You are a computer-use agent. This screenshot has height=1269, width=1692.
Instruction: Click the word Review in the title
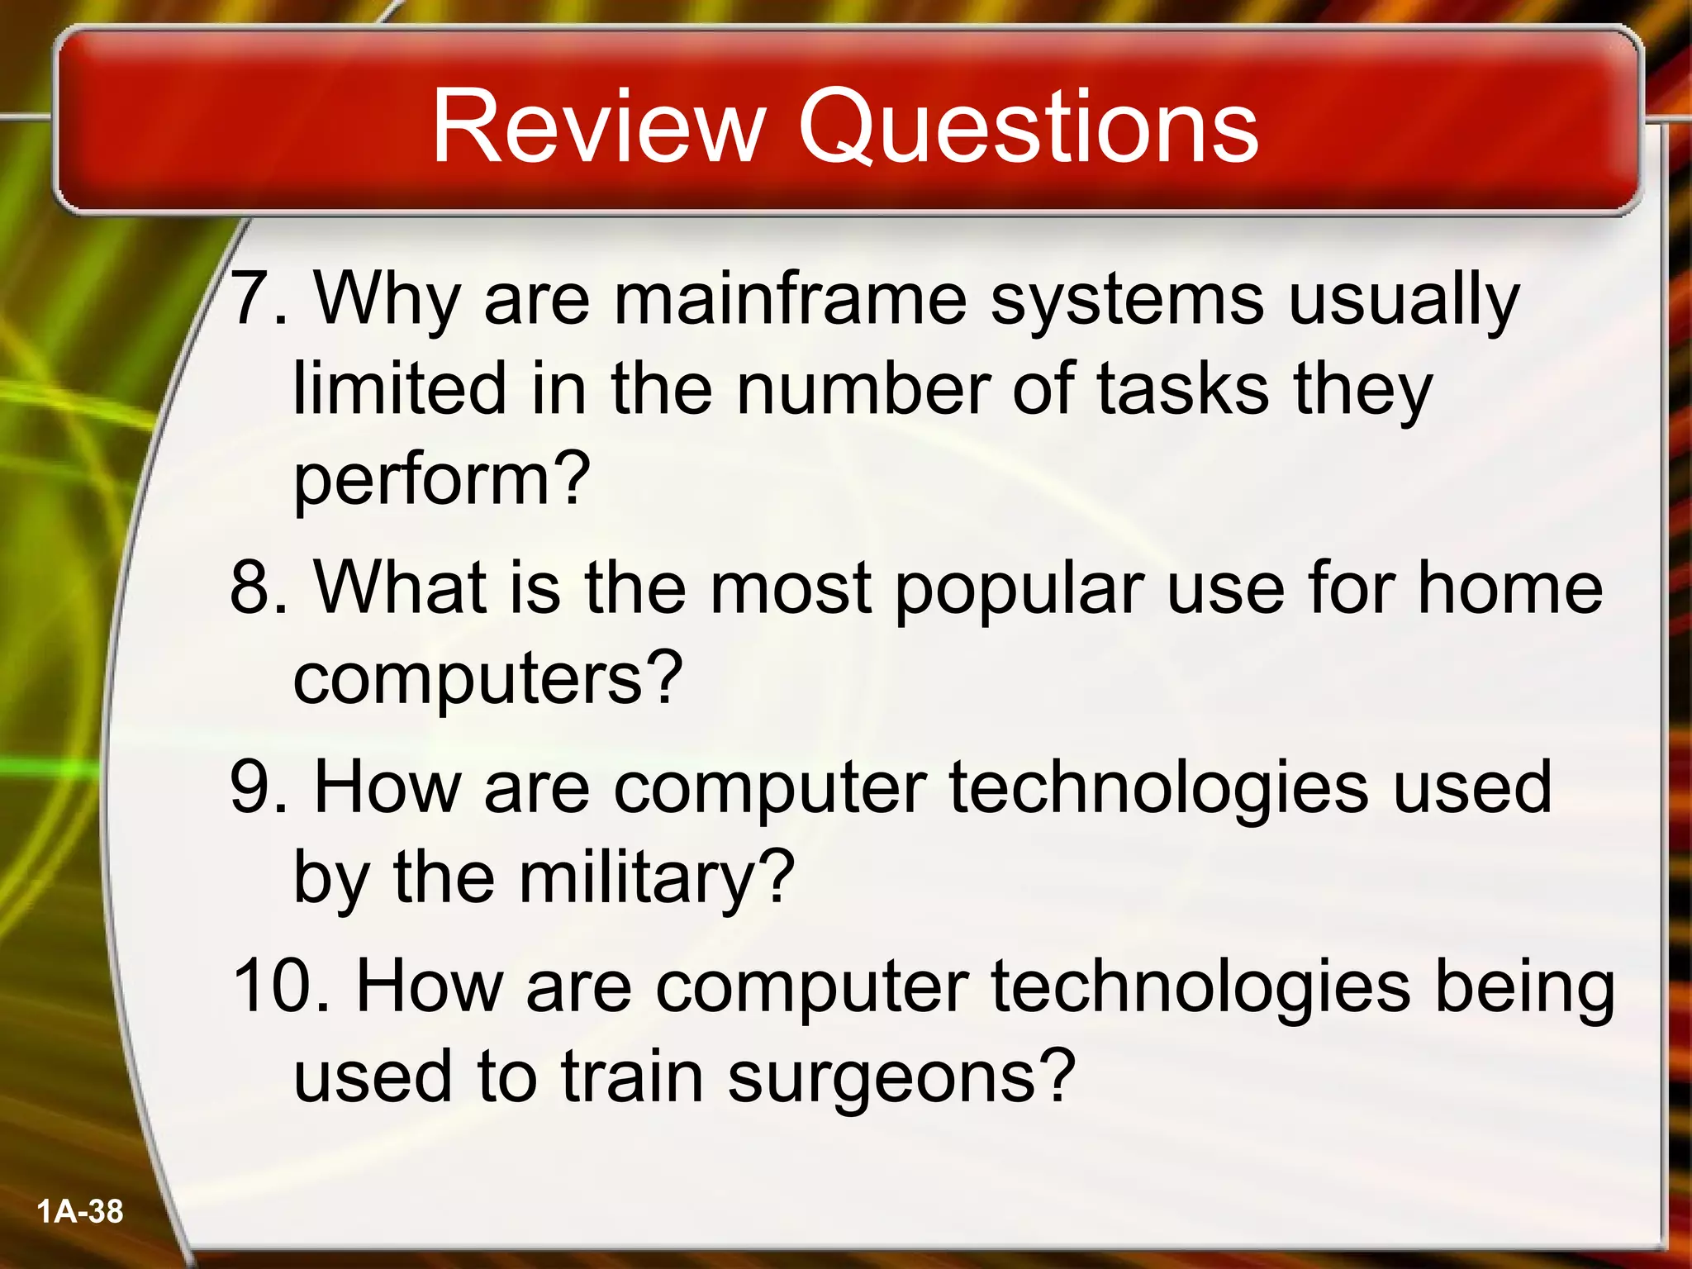pos(595,128)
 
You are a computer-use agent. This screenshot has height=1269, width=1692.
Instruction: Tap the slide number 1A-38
pos(80,1212)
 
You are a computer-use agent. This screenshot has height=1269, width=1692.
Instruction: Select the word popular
pos(1019,588)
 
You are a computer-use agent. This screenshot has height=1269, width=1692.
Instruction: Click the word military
pos(656,877)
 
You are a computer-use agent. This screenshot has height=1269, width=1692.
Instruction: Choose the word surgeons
pos(901,1077)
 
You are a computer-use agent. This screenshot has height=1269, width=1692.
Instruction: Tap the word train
pos(631,1076)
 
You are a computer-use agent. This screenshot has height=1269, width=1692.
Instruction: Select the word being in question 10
pos(1525,988)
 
